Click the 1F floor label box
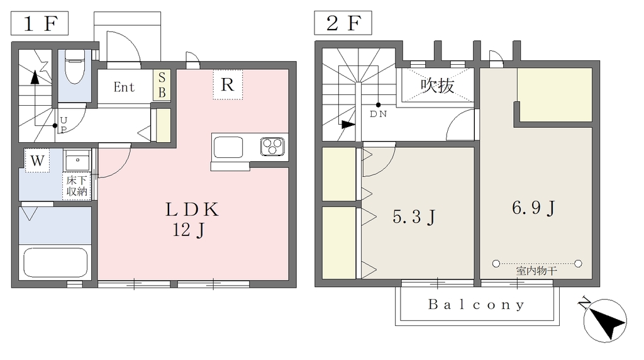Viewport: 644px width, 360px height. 40,23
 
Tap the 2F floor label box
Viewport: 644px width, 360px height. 343,23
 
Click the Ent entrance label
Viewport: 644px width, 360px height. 124,87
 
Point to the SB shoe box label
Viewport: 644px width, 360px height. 162,85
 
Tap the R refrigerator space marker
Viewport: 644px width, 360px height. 228,85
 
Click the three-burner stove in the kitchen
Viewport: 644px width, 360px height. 273,147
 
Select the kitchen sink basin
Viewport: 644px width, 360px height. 228,147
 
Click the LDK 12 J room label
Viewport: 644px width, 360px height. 191,220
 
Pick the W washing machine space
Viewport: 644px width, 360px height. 37,160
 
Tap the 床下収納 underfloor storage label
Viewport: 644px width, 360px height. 77,186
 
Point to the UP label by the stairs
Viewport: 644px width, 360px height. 64,125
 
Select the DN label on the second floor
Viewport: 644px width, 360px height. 378,115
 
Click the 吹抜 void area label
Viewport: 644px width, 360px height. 438,86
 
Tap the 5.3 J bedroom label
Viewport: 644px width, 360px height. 414,217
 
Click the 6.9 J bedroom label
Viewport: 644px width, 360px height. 533,208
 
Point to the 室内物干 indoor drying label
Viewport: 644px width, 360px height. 536,271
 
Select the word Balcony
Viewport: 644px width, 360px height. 477,305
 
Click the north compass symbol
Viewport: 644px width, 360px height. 604,321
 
